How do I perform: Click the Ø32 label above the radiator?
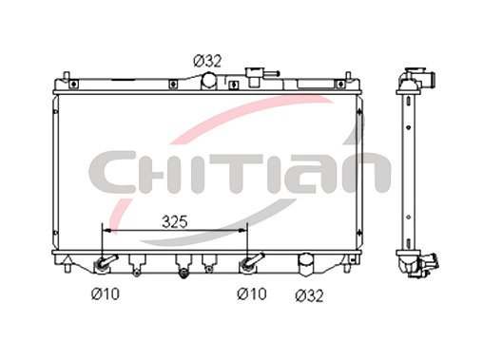point(207,61)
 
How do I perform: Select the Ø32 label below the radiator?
point(309,295)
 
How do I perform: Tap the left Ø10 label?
point(106,294)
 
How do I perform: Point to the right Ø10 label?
point(252,294)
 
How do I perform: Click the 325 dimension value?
point(175,222)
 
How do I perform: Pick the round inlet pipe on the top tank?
point(209,81)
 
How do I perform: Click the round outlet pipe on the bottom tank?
point(305,264)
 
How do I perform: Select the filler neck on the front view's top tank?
point(254,77)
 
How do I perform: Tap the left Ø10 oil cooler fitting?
point(106,263)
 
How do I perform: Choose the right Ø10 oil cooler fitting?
point(251,262)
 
